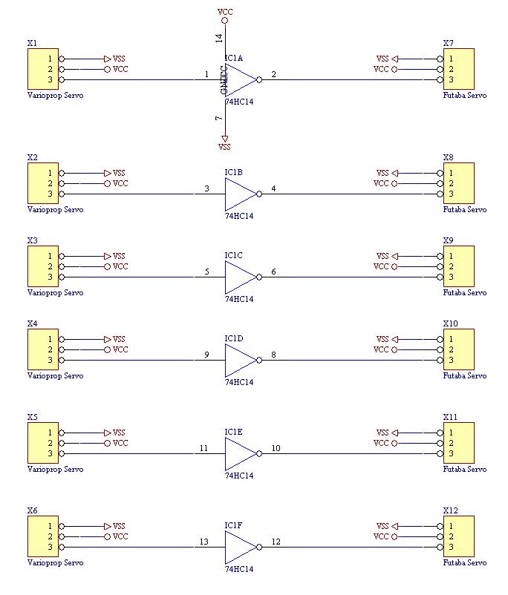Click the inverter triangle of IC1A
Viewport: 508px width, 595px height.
pos(239,79)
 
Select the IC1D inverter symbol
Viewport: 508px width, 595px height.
pos(239,360)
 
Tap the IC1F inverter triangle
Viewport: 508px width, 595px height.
pos(239,547)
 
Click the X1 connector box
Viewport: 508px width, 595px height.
pos(42,69)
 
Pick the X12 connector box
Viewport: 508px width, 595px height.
pos(458,536)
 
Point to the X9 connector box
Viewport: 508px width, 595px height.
pos(458,266)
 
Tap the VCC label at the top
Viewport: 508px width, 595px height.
pos(224,12)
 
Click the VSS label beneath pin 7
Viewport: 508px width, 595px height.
pos(224,147)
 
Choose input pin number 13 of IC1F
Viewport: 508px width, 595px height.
pos(203,542)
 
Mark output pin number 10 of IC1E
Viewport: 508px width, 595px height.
pos(276,448)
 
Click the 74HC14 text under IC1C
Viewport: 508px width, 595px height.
pos(239,300)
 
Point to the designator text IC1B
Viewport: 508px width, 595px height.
pos(234,172)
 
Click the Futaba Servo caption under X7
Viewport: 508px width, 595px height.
pos(465,96)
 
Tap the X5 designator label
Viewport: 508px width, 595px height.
pos(32,417)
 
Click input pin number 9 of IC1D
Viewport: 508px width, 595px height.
pos(206,355)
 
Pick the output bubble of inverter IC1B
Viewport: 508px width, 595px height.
pos(259,194)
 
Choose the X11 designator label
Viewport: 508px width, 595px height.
pos(450,417)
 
